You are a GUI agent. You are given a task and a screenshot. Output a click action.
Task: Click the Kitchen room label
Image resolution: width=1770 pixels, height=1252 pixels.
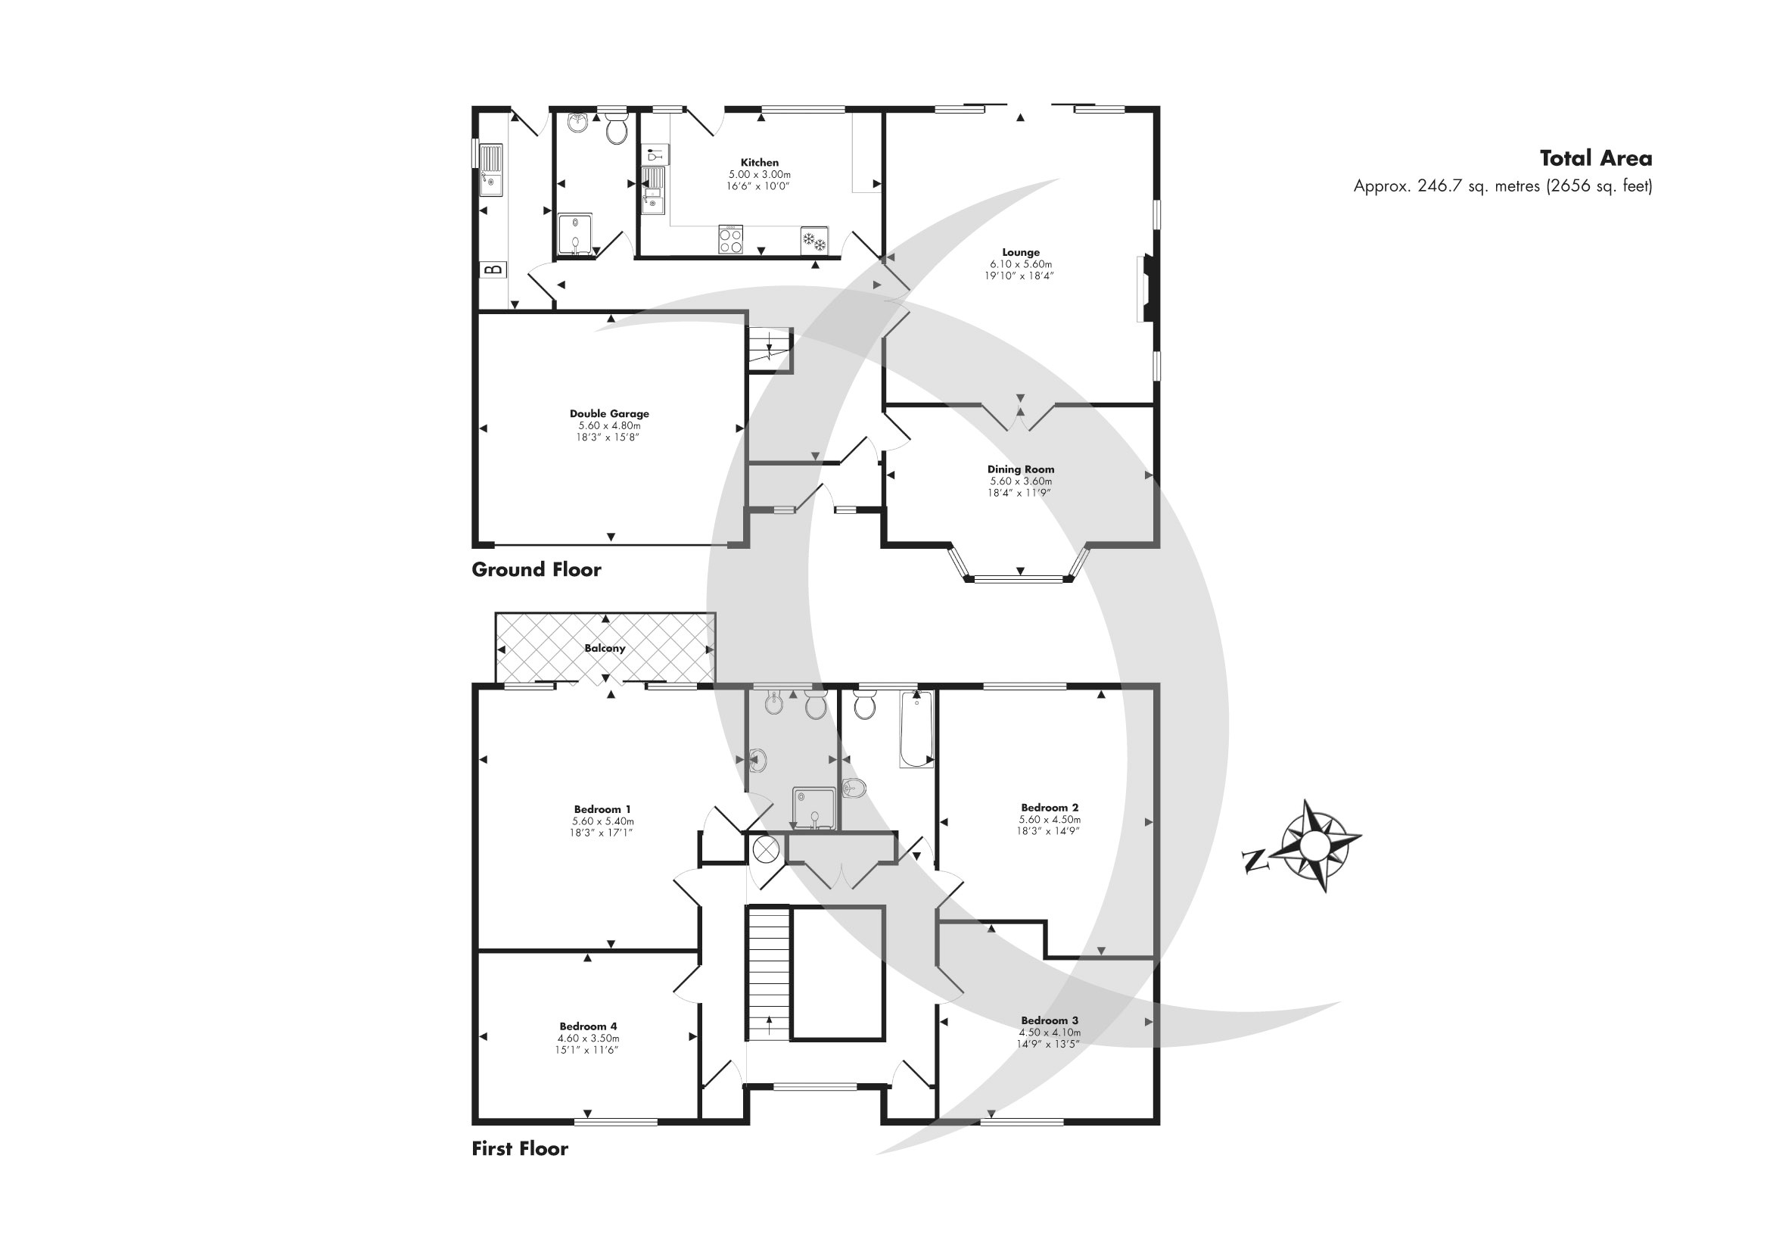click(759, 163)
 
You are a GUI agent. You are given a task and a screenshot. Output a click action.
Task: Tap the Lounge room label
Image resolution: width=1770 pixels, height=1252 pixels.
click(1021, 252)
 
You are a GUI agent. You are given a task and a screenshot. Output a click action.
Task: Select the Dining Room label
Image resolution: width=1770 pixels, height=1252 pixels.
click(1021, 469)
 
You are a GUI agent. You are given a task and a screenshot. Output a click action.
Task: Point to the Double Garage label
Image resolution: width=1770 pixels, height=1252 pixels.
click(609, 414)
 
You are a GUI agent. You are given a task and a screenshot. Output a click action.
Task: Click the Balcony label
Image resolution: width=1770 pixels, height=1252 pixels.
click(605, 649)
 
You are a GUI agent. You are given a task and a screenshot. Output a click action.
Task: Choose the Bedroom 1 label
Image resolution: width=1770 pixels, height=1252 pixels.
click(602, 809)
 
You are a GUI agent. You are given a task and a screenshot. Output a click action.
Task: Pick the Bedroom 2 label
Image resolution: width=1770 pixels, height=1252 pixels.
click(1049, 808)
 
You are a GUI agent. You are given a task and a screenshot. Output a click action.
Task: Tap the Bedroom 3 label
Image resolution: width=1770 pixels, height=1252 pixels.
click(1049, 1020)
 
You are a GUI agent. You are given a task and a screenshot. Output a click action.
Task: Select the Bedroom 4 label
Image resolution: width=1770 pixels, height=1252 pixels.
click(588, 1026)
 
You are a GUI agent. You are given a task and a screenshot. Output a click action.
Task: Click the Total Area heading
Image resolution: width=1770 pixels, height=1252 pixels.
click(1596, 159)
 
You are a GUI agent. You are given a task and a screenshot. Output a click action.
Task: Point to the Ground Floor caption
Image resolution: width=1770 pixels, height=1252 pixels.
click(536, 570)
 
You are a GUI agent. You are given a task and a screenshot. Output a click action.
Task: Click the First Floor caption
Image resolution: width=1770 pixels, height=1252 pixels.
click(520, 1149)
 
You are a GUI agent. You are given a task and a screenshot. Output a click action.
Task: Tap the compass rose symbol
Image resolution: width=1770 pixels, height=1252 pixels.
click(1314, 846)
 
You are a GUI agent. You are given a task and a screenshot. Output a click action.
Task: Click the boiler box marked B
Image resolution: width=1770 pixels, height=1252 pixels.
click(493, 269)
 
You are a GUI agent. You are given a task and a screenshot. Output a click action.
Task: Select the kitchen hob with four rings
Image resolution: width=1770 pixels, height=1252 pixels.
click(731, 239)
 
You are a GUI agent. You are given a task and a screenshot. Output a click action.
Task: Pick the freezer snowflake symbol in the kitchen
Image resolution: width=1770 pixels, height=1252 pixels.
click(815, 240)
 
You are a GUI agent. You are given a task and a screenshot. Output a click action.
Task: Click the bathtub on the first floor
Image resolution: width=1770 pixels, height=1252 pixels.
click(916, 729)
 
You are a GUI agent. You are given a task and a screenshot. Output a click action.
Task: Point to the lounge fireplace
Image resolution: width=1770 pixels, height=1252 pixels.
click(1144, 288)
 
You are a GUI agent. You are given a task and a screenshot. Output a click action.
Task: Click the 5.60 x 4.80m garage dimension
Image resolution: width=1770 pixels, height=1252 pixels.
click(609, 425)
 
